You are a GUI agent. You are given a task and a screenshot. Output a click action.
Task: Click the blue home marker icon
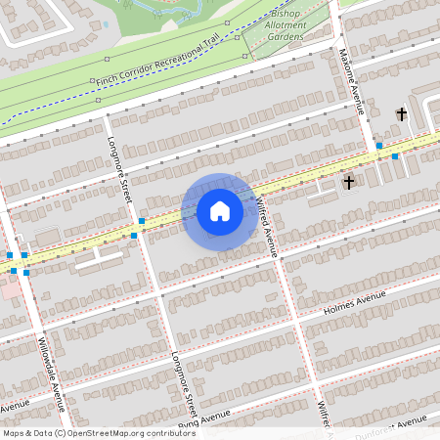click(220, 211)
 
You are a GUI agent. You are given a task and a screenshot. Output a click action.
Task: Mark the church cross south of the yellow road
click(348, 182)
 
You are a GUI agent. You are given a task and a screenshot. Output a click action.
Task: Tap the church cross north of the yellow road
click(401, 114)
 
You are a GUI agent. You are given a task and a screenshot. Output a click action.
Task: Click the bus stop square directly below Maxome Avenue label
click(378, 145)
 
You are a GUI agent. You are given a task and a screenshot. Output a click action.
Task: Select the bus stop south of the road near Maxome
click(395, 156)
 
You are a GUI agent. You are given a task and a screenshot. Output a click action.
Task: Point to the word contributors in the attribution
click(167, 433)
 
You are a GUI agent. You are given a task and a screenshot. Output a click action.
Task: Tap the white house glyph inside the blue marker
click(220, 210)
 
